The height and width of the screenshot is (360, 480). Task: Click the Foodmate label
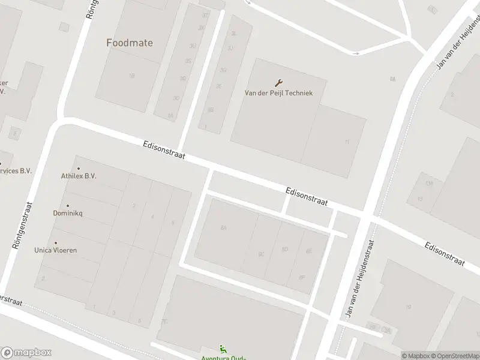[130, 43]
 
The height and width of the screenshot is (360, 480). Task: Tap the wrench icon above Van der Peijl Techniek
[278, 83]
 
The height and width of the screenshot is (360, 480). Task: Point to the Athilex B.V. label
[79, 176]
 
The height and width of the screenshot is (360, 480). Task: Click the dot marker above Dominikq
[68, 206]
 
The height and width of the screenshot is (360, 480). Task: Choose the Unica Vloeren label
[56, 250]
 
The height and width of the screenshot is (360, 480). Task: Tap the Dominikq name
[68, 214]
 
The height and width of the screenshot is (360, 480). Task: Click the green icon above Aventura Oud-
[223, 349]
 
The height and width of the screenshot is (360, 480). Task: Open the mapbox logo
[26, 353]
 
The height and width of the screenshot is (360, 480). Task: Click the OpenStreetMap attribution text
[455, 356]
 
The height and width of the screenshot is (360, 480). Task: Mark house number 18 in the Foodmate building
[131, 76]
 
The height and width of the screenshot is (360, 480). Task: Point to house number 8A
[224, 228]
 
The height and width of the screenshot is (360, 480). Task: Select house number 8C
[261, 254]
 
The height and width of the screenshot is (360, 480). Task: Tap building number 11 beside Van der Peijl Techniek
[347, 142]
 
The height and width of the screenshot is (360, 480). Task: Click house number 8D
[285, 250]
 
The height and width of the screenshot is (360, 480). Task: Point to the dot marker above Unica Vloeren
[56, 243]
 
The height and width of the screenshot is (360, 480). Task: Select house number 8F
[302, 277]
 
